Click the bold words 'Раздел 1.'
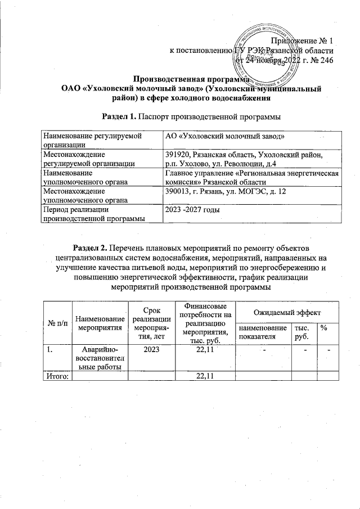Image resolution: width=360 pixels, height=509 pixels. pyautogui.click(x=119, y=116)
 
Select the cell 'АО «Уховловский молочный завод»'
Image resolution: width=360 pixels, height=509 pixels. pyautogui.click(x=224, y=137)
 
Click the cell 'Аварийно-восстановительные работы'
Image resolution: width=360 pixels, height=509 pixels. pyautogui.click(x=101, y=358)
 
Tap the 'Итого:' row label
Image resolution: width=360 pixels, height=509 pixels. pyautogui.click(x=57, y=376)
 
